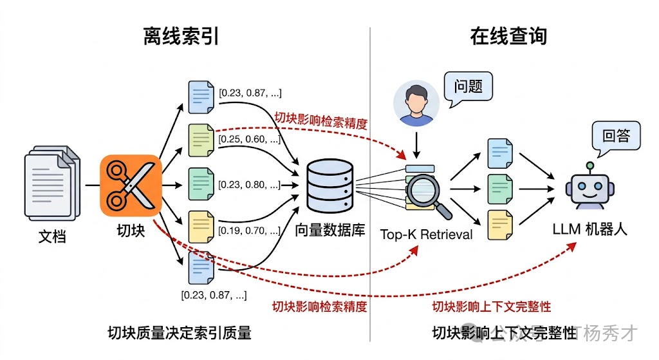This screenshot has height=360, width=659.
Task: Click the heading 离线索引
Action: click(181, 36)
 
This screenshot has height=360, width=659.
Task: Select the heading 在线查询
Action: click(508, 36)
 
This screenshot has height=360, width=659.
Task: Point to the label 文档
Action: click(52, 236)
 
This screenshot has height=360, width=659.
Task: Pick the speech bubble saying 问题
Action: click(468, 86)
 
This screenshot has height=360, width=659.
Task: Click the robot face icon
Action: click(589, 188)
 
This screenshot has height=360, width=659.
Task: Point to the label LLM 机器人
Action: click(589, 229)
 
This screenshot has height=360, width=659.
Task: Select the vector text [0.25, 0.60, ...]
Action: click(250, 140)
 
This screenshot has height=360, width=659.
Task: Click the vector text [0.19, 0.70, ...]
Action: click(250, 231)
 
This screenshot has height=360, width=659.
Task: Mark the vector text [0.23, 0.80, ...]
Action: click(250, 185)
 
